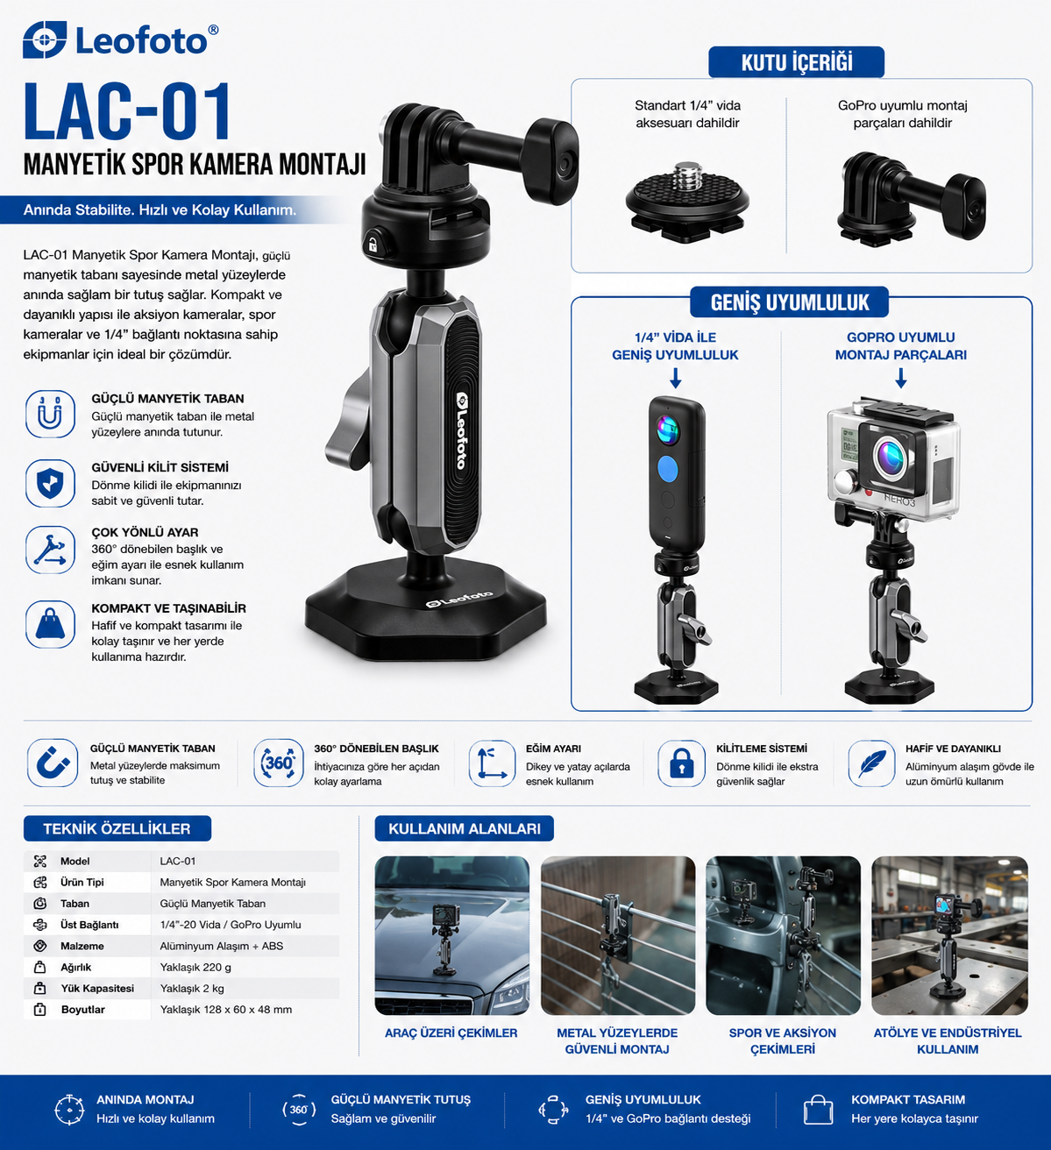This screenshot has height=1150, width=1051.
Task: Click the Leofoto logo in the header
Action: pyautogui.click(x=120, y=39)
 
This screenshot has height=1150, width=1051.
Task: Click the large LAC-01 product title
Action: pyautogui.click(x=127, y=112)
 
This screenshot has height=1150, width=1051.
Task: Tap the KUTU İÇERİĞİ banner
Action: pyautogui.click(x=796, y=62)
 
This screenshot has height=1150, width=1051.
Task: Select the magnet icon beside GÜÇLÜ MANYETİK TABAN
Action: pyautogui.click(x=50, y=414)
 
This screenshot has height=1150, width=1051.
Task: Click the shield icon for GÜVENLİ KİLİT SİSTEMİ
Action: pyautogui.click(x=50, y=483)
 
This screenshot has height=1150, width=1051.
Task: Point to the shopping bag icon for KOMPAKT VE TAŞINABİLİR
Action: pyautogui.click(x=50, y=624)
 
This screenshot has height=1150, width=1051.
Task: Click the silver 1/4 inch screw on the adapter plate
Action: pyautogui.click(x=685, y=176)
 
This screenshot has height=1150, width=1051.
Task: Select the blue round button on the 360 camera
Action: pyautogui.click(x=667, y=468)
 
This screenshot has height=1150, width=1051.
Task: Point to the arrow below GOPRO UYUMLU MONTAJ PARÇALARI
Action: pyautogui.click(x=901, y=378)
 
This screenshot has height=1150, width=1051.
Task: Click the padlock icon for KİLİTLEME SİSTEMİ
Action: pyautogui.click(x=681, y=763)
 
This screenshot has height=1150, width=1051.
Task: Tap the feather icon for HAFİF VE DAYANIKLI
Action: pyautogui.click(x=871, y=763)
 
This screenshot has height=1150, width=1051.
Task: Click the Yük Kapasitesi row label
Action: pyautogui.click(x=97, y=989)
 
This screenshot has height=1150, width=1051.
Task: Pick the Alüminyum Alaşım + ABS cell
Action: pyautogui.click(x=221, y=946)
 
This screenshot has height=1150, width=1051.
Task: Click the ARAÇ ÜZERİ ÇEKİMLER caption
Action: pyautogui.click(x=451, y=1033)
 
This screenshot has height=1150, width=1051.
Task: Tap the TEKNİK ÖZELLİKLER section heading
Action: pyautogui.click(x=117, y=828)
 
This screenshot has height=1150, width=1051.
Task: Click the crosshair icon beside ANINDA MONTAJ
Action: pyautogui.click(x=68, y=1110)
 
